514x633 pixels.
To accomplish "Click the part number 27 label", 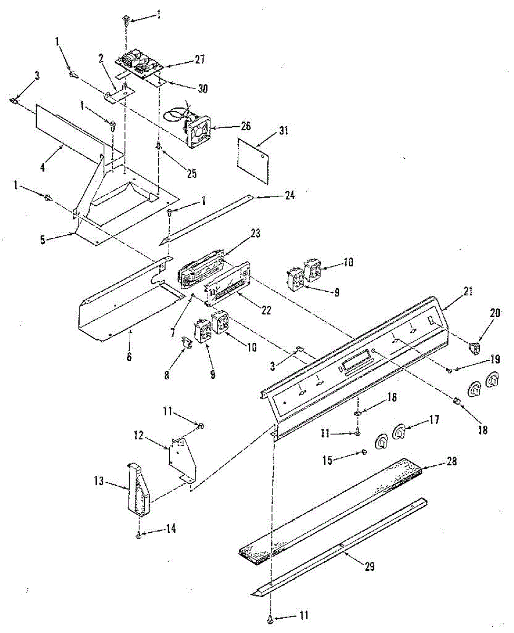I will [199, 60].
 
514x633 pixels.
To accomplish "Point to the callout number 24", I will [289, 196].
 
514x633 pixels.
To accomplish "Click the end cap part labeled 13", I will [138, 488].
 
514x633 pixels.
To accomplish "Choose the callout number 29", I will [369, 567].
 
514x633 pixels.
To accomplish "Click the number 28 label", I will [451, 461].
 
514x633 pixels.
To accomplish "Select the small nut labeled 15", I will [364, 452].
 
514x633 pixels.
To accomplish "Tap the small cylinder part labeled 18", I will [457, 404].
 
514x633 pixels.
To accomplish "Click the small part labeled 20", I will [476, 347].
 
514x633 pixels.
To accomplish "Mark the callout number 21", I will [453, 291].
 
